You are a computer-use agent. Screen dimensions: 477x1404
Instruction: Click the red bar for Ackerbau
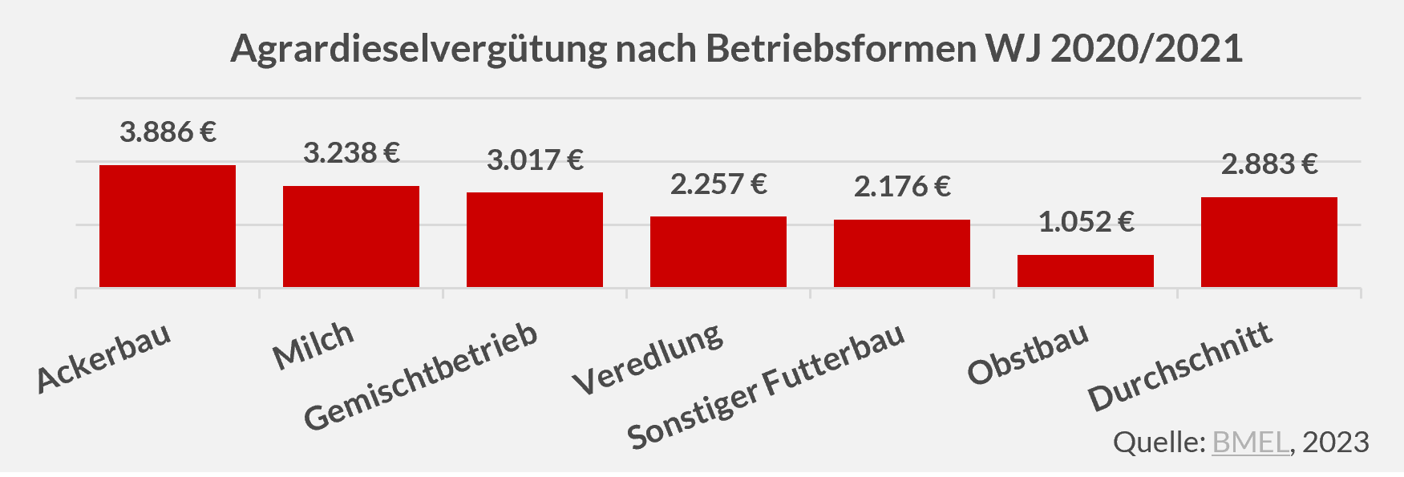pyautogui.click(x=167, y=226)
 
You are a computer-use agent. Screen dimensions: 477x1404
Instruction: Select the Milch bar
pyautogui.click(x=350, y=236)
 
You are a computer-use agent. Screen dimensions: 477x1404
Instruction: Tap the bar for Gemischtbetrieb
pyautogui.click(x=534, y=240)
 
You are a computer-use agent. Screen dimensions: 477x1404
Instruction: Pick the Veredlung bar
pyautogui.click(x=718, y=252)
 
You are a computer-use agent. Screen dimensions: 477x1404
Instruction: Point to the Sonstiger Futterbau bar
pyautogui.click(x=901, y=253)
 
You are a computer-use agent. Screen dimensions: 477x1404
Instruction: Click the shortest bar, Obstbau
pyautogui.click(x=1085, y=271)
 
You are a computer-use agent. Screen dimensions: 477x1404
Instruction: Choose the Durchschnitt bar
pyautogui.click(x=1268, y=242)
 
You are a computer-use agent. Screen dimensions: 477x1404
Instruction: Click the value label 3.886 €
pyautogui.click(x=168, y=131)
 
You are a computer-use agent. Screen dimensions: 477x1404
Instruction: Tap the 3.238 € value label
pyautogui.click(x=351, y=152)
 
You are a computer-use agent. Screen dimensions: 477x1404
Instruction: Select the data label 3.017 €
pyautogui.click(x=535, y=160)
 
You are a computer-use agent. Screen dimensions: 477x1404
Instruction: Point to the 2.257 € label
pyautogui.click(x=718, y=184)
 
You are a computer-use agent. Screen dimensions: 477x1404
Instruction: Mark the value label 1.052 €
pyautogui.click(x=1086, y=221)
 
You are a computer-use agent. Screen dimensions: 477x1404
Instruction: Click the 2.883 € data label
pyautogui.click(x=1269, y=164)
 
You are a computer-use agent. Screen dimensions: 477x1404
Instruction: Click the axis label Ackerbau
pyautogui.click(x=104, y=359)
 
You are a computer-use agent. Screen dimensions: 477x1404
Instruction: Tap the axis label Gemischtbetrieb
pyautogui.click(x=421, y=376)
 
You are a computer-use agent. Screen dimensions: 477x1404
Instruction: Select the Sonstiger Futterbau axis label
pyautogui.click(x=766, y=386)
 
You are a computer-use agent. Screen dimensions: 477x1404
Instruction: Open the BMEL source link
pyautogui.click(x=1250, y=442)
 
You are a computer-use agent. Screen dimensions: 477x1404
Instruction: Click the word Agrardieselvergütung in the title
pyautogui.click(x=419, y=49)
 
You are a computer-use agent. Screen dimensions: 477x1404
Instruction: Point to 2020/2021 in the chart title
pyautogui.click(x=1147, y=49)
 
